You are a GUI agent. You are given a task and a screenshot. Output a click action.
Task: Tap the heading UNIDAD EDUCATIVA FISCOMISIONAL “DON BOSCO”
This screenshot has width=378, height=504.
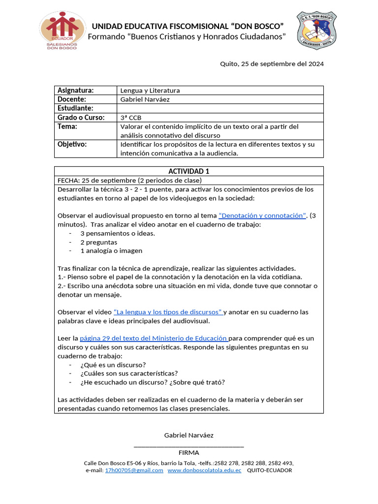[x=188, y=26]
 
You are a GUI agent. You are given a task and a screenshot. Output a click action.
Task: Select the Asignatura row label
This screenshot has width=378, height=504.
[x=75, y=91]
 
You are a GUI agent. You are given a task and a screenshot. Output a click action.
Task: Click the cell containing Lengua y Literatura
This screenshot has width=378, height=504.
[x=150, y=91]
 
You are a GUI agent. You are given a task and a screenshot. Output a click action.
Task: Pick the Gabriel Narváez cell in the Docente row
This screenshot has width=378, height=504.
[x=147, y=99]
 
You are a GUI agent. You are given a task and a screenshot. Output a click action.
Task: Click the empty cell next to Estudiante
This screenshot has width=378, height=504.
[x=220, y=108]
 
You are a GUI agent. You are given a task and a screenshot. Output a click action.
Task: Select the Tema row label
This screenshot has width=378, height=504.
[x=68, y=126]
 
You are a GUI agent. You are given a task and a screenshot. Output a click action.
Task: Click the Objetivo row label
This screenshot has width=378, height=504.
[x=72, y=144]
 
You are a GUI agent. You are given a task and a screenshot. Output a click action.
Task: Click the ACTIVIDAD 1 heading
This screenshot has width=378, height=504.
[x=189, y=171]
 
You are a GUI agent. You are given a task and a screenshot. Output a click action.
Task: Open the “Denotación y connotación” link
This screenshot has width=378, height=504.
[x=262, y=216]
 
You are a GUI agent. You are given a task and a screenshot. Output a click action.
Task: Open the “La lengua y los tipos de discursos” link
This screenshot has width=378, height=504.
[x=168, y=312]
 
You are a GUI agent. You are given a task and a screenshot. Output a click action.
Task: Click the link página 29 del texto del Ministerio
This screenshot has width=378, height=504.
[x=154, y=339]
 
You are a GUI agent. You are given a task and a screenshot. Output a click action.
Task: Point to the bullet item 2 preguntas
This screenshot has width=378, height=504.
[x=98, y=242]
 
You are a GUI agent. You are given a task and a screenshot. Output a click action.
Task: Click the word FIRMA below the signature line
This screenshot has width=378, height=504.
[x=189, y=452]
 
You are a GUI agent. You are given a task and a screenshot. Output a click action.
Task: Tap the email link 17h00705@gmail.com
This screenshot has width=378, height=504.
[x=134, y=471]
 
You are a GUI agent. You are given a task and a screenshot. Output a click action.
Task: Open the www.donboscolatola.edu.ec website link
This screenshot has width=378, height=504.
[x=204, y=471]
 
